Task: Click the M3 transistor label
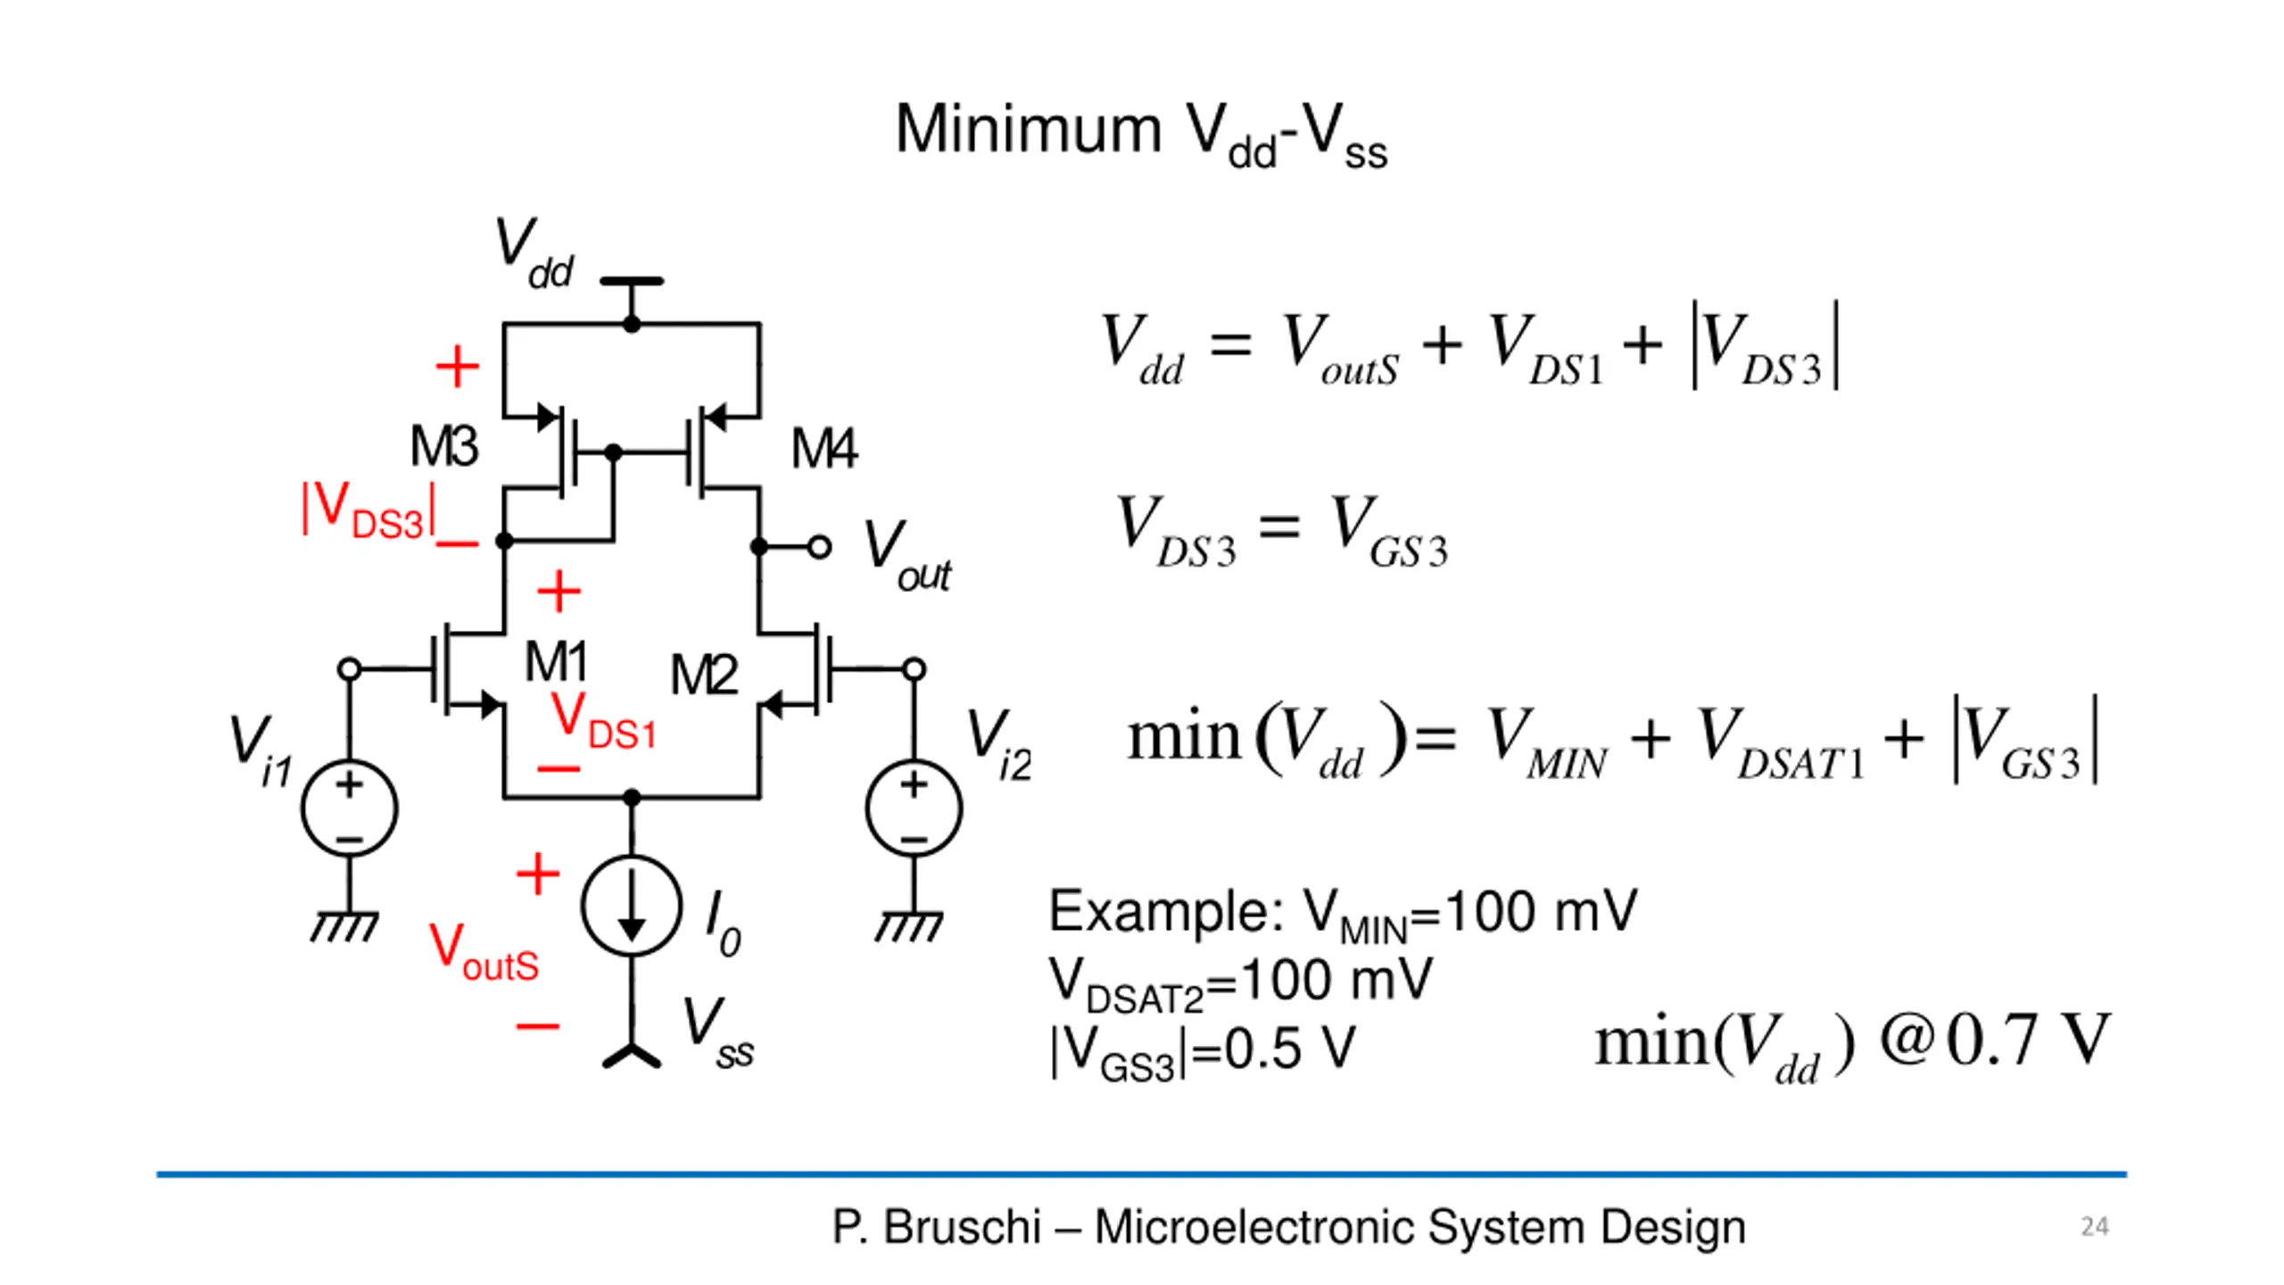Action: click(x=444, y=445)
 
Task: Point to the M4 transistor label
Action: click(x=824, y=448)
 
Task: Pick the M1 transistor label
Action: click(x=556, y=661)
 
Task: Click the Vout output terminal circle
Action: click(x=819, y=546)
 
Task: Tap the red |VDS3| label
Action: click(x=369, y=511)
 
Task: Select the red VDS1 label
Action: click(x=604, y=721)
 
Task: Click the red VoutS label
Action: click(x=484, y=952)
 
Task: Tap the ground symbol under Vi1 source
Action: click(x=344, y=926)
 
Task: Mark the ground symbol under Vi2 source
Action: click(x=908, y=926)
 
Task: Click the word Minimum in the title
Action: click(x=1029, y=130)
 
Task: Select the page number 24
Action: click(x=2095, y=1227)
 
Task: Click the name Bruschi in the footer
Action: click(x=962, y=1227)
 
